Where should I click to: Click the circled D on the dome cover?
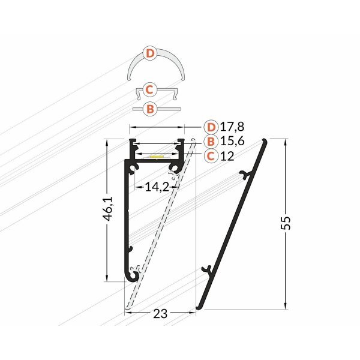[151, 54]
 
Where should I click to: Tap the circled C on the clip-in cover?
[151, 90]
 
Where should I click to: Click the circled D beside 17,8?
[210, 127]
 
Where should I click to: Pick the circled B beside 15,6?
[210, 142]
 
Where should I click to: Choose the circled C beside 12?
[210, 156]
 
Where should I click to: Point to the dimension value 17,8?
[232, 127]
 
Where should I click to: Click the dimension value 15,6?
[232, 142]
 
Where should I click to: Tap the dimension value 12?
[226, 156]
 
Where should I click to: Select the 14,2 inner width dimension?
[156, 187]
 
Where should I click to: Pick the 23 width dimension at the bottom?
[160, 313]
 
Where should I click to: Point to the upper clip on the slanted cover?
[244, 175]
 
